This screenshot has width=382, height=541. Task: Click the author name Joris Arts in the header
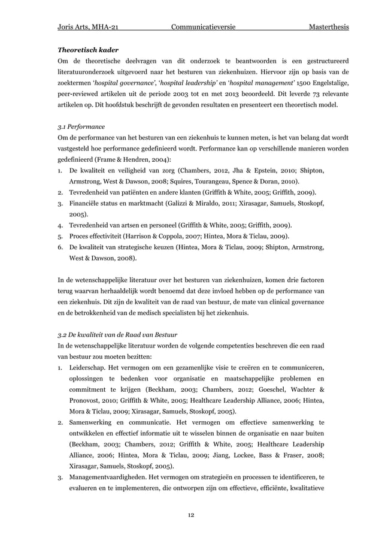77,28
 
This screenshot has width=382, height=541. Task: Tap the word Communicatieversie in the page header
202,28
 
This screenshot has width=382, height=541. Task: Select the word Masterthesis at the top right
329,28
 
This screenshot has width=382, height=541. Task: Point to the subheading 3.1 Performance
81,127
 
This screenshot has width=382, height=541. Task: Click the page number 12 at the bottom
191,514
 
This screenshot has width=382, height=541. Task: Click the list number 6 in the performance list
59,247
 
